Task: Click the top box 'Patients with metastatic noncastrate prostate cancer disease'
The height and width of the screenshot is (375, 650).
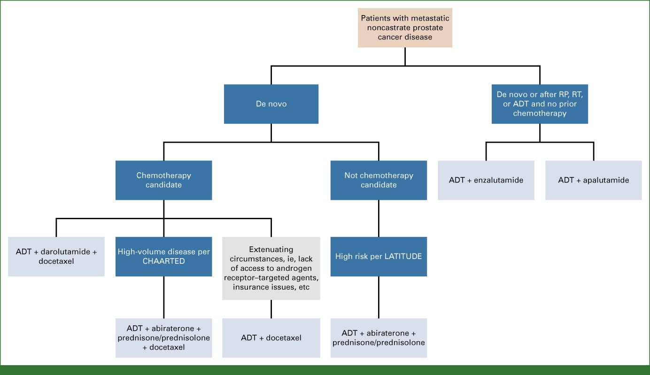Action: click(405, 28)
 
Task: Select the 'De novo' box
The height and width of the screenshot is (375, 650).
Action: click(271, 104)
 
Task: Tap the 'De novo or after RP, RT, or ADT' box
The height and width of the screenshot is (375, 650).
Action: click(540, 104)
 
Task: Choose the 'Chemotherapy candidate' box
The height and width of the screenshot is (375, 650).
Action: click(163, 180)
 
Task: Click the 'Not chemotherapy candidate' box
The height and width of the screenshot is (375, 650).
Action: click(379, 180)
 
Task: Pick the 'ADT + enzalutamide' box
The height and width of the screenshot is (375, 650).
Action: click(486, 180)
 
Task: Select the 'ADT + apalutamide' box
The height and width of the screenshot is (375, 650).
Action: click(593, 180)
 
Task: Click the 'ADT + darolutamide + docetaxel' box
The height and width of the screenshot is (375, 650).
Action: click(56, 257)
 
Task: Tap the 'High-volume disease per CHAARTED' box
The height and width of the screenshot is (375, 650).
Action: click(163, 257)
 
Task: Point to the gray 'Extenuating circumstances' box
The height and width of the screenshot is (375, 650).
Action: click(271, 268)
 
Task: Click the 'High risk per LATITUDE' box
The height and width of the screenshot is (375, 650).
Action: click(379, 257)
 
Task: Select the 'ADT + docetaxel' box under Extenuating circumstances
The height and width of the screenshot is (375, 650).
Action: click(271, 338)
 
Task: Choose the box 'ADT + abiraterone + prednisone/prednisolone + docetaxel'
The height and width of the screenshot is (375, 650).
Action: click(163, 338)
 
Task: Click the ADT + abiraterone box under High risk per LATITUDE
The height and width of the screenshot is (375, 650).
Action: click(379, 338)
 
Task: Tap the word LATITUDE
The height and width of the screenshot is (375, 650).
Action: click(401, 257)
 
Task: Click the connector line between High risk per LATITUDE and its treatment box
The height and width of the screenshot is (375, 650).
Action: click(379, 297)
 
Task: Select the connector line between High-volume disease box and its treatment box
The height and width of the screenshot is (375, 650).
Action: click(163, 297)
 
